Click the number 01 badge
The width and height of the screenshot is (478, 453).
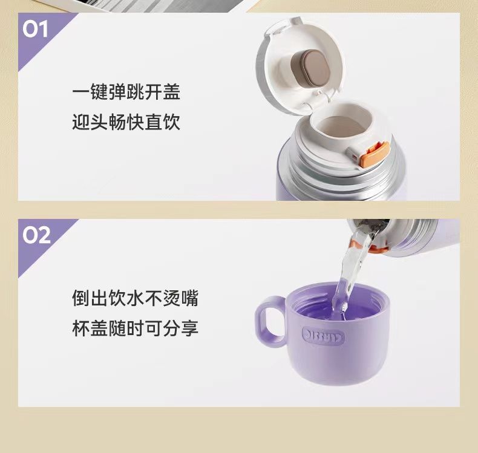35,29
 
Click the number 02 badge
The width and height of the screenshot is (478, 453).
36,235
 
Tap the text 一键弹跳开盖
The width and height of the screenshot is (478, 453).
126,92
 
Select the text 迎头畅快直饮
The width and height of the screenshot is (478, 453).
126,122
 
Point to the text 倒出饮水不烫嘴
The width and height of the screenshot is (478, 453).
136,298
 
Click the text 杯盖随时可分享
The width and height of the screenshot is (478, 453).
136,328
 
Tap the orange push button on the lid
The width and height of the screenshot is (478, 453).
375,154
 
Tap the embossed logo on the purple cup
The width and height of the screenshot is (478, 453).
323,336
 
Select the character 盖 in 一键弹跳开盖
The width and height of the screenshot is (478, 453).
172,92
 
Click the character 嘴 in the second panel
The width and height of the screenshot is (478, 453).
190,298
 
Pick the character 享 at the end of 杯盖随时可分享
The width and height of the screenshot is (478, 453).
190,328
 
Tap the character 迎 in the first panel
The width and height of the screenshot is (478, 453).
81,122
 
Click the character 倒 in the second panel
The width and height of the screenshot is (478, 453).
81,298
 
